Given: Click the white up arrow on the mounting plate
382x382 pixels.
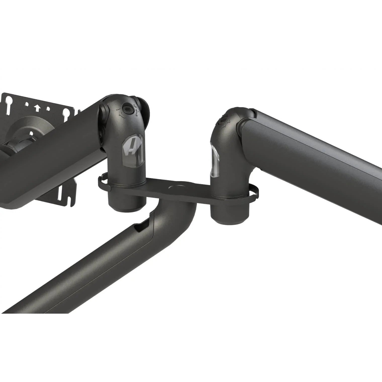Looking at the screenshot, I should pyautogui.click(x=37, y=108).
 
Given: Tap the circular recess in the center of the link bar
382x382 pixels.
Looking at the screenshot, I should pyautogui.click(x=174, y=187).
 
